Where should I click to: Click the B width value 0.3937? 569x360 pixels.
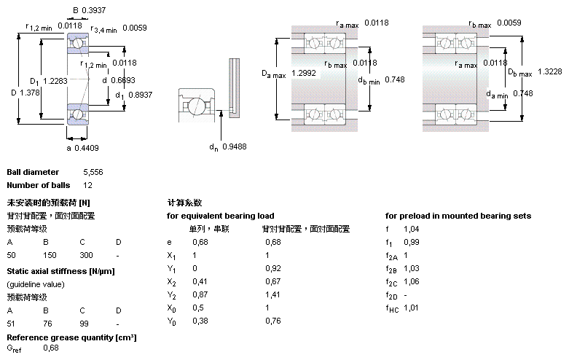tap(94, 10)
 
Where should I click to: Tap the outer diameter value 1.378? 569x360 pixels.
tap(29, 93)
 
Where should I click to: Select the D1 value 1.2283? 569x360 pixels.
tap(55, 81)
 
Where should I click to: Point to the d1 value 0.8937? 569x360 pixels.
tap(140, 95)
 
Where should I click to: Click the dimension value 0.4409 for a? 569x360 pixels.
tap(87, 148)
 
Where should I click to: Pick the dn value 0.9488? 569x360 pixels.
tap(234, 146)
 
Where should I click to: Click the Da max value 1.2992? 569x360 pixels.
tap(303, 73)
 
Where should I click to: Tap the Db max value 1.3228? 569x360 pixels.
tap(549, 71)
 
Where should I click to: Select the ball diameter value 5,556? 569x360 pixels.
tap(93, 172)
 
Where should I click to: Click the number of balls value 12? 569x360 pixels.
tap(88, 185)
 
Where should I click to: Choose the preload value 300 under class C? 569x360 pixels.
tap(87, 255)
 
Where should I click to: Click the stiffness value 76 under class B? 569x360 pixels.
tap(47, 324)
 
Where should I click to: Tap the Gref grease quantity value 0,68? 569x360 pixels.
tap(51, 348)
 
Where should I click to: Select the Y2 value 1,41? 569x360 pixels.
tap(272, 294)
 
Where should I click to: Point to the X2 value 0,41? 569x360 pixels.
tap(200, 281)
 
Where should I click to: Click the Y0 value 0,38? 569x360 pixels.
tap(200, 321)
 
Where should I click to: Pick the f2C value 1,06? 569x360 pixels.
tap(412, 281)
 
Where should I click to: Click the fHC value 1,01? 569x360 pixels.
tap(411, 308)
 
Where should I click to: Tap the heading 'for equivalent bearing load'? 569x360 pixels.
tap(220, 216)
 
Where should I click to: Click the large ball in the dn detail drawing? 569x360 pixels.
tap(196, 106)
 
